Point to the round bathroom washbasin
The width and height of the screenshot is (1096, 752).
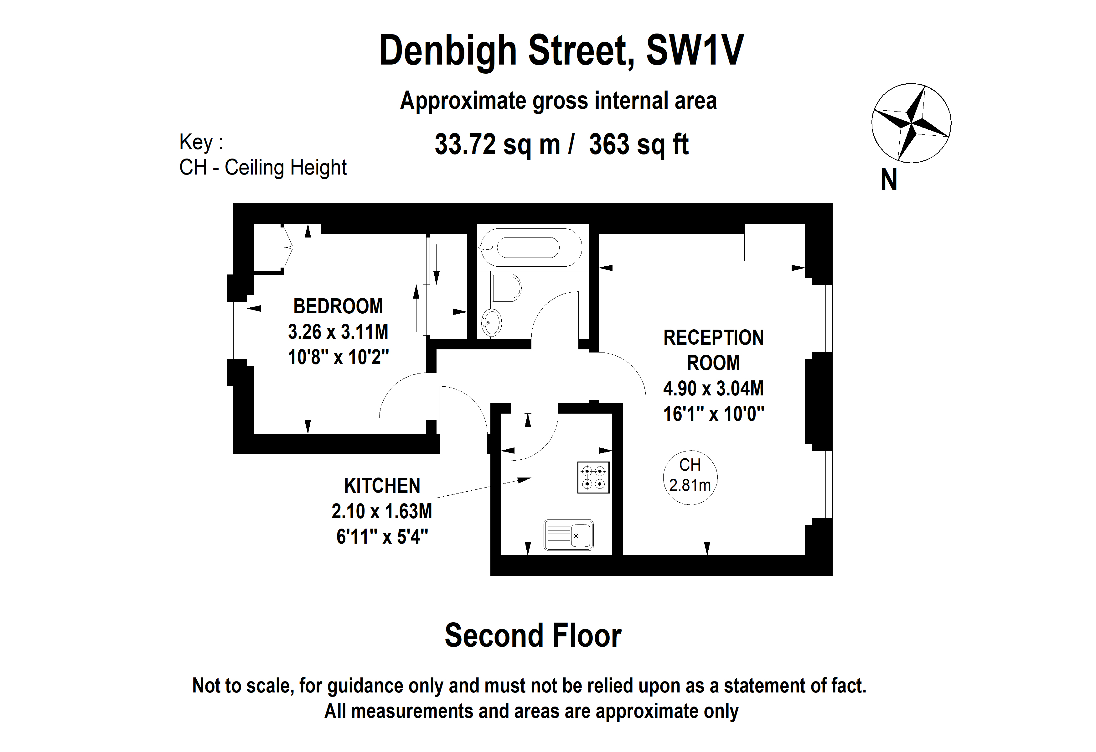[491, 323]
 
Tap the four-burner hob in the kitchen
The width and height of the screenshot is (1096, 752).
[593, 478]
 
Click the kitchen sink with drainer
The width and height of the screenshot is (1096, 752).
[568, 535]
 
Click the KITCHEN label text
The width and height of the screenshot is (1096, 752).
[382, 486]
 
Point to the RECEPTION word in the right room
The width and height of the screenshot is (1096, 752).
[713, 338]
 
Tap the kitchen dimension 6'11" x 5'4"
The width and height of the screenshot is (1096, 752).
[382, 537]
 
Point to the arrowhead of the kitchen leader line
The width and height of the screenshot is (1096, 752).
[525, 480]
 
